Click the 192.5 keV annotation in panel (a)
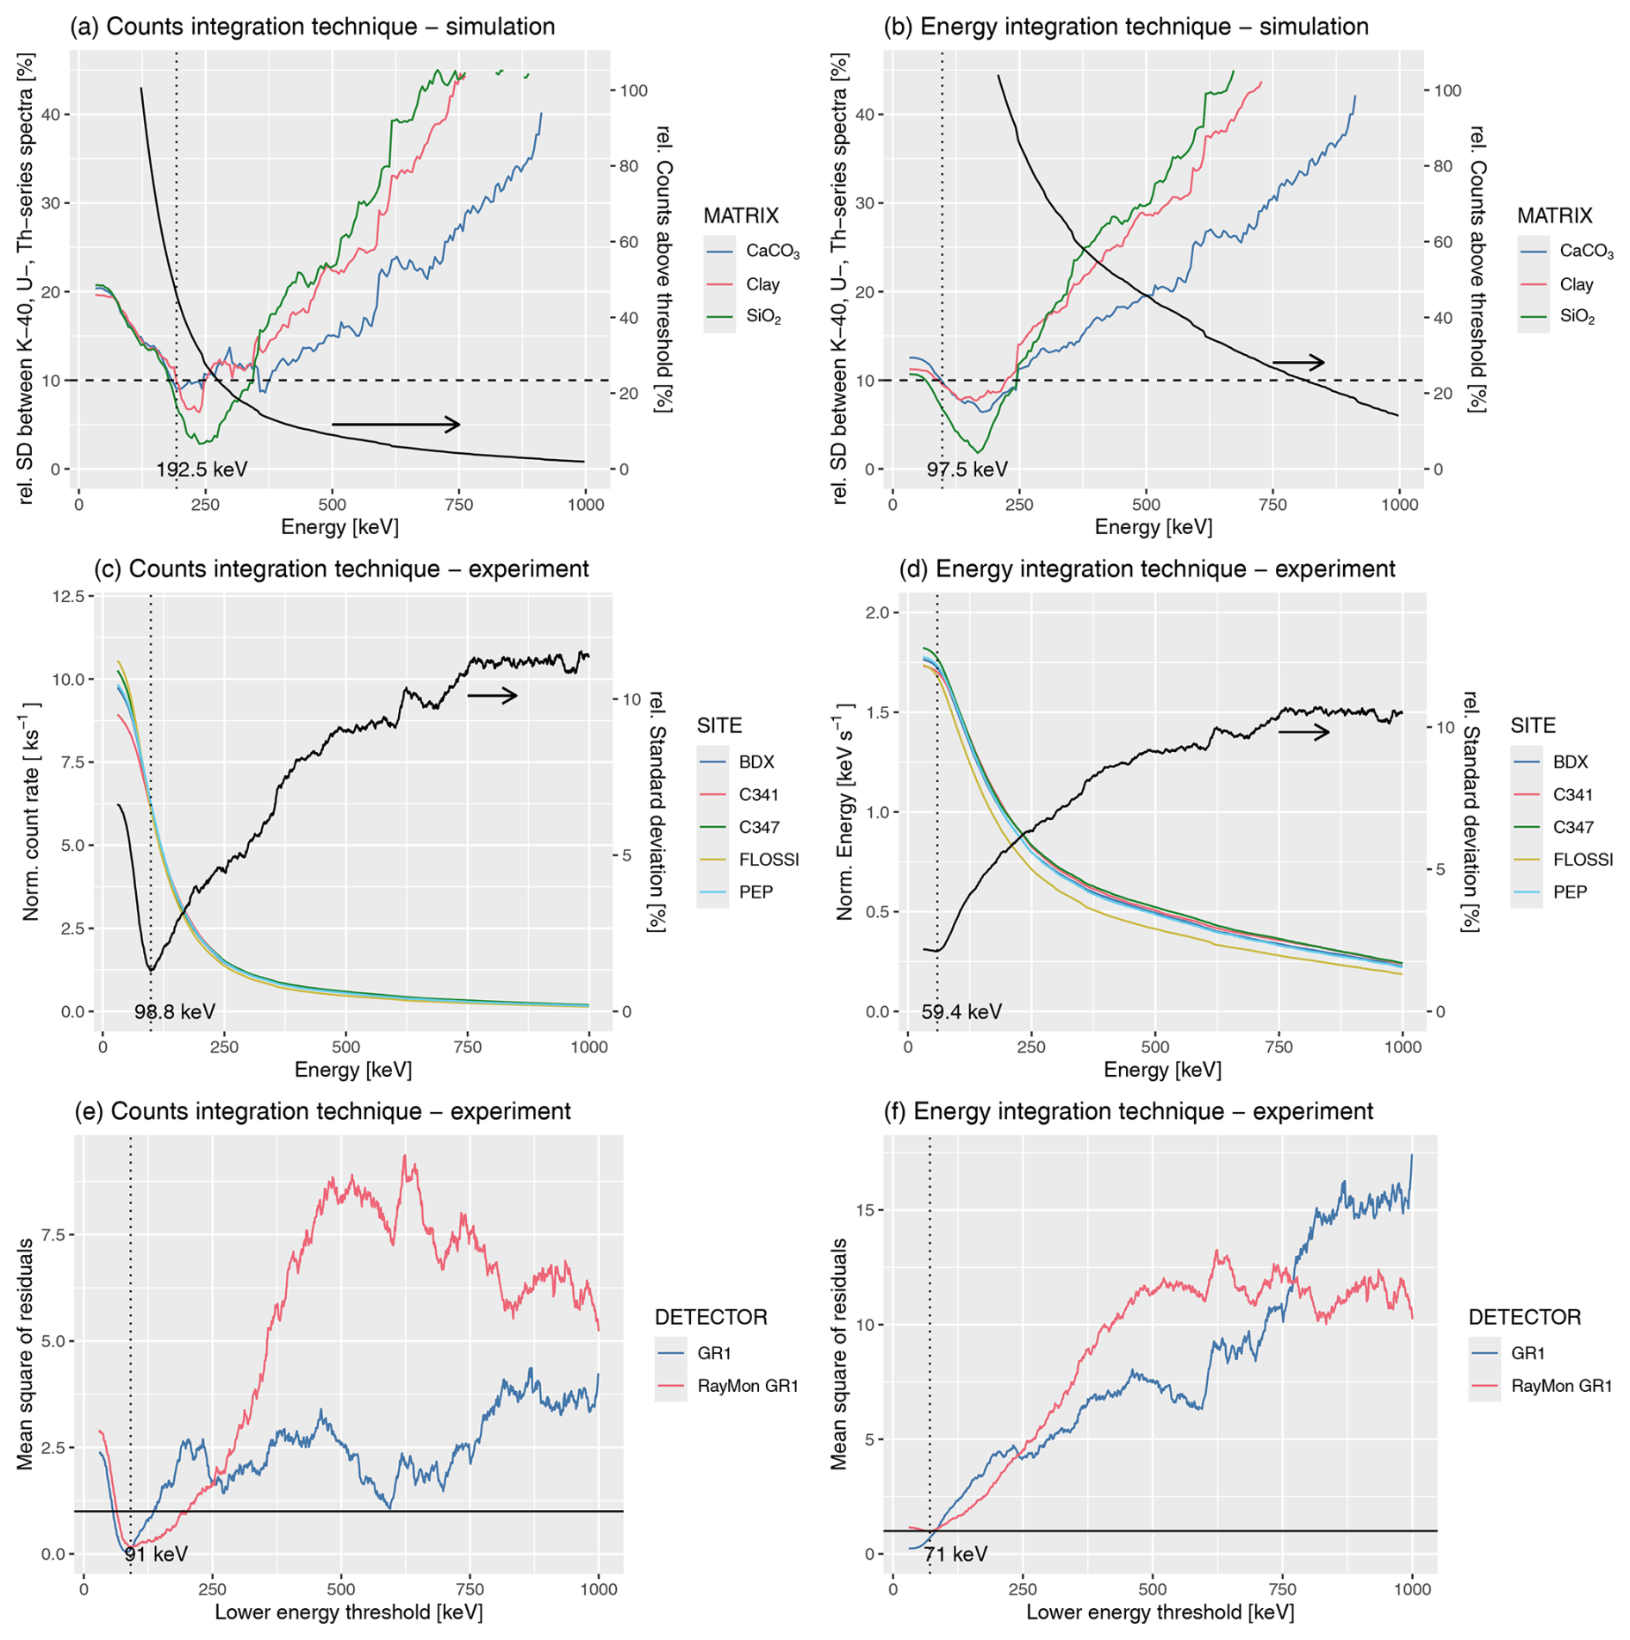point(201,469)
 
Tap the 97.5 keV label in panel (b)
point(966,469)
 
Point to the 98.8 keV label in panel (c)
point(174,1011)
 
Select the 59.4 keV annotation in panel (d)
point(961,1011)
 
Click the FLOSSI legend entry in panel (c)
point(768,860)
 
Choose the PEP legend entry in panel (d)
point(1570,892)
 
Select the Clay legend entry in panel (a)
point(762,284)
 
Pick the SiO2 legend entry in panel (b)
point(1577,317)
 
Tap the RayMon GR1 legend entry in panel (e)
point(748,1386)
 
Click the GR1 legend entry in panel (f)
point(1527,1353)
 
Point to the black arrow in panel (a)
point(395,424)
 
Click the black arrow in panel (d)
point(1303,732)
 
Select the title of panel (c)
point(341,569)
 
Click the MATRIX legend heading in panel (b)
point(1554,215)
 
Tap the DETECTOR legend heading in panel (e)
point(710,1317)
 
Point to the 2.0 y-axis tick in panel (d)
point(875,612)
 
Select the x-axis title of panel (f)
point(1160,1612)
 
